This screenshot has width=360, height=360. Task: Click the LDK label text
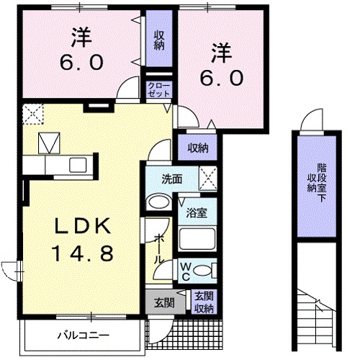point(82,226)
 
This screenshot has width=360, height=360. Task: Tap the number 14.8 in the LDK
point(82,253)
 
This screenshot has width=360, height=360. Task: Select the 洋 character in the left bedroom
point(79,35)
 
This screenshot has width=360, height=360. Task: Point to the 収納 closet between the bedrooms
point(158,40)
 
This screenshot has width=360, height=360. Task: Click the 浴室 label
point(197,214)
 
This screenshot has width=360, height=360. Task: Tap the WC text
point(184,271)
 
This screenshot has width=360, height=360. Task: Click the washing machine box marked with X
point(207,176)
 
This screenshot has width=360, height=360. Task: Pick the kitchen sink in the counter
point(77,165)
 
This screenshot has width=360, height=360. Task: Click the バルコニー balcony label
point(84,336)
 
